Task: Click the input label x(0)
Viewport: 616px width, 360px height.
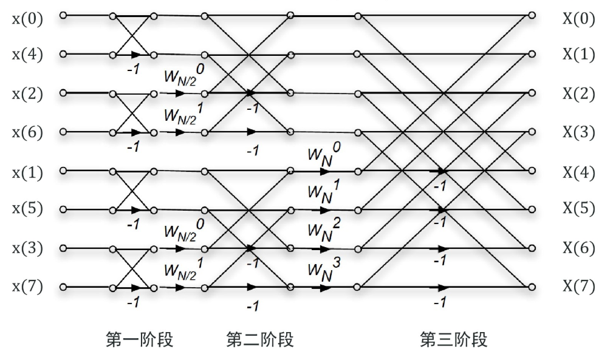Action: [x=27, y=19]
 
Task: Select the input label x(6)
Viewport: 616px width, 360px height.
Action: [x=27, y=132]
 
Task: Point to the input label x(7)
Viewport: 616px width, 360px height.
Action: [x=27, y=287]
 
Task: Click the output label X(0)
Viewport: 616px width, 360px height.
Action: [x=578, y=19]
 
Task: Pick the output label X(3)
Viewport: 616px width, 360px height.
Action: [x=578, y=132]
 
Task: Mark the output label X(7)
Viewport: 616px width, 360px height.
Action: [x=578, y=287]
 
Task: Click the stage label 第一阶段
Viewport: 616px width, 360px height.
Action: [x=140, y=339]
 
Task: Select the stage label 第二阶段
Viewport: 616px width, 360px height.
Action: [x=260, y=339]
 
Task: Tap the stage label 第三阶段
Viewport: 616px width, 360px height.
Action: [x=453, y=339]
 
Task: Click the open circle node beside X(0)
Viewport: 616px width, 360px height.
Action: [x=532, y=16]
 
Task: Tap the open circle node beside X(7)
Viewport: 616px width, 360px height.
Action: [x=532, y=287]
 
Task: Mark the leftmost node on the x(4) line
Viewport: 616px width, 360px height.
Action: [x=63, y=55]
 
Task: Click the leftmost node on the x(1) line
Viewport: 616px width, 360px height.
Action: [x=63, y=171]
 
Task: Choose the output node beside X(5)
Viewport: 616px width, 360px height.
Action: [x=532, y=209]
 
